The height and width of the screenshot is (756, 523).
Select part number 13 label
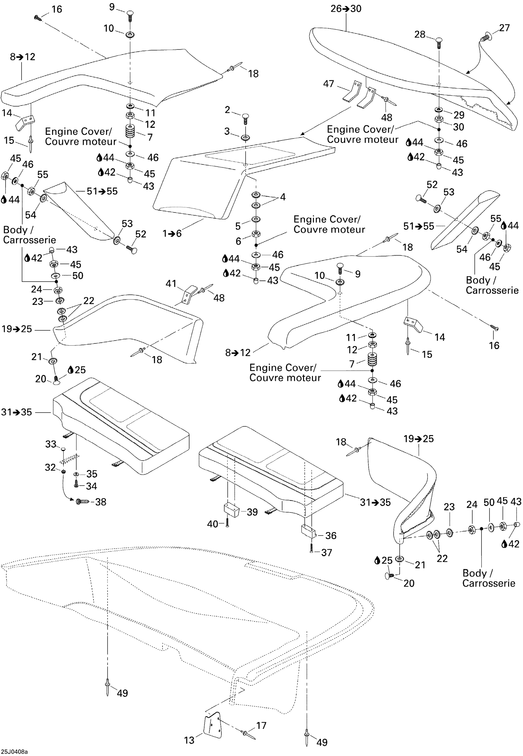coord(189,740)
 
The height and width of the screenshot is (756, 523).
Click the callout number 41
coord(171,283)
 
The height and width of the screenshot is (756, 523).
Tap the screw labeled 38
coord(82,502)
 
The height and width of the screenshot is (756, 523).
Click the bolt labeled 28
coord(439,42)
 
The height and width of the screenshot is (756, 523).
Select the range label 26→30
coord(346,9)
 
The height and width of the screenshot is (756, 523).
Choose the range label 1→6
coord(172,233)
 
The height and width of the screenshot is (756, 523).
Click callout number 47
coord(329,84)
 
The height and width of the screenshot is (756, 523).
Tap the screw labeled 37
coord(311,548)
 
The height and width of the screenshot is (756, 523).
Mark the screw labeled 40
coord(227,524)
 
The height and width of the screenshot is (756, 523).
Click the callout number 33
coord(51,444)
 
